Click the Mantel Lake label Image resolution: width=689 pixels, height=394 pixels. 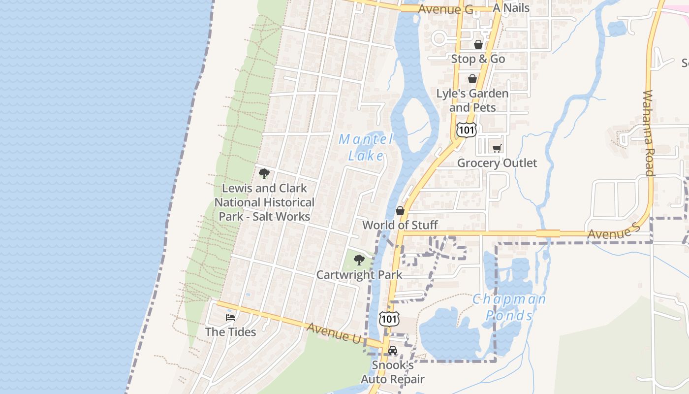pyautogui.click(x=366, y=147)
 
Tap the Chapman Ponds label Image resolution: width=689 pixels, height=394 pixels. pyautogui.click(x=509, y=307)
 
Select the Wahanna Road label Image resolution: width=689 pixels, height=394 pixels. pyautogui.click(x=649, y=133)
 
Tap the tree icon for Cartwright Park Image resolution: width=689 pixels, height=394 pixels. pyautogui.click(x=359, y=260)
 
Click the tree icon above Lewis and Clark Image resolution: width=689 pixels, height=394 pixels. pyautogui.click(x=264, y=173)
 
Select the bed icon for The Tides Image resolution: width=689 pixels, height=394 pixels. pyautogui.click(x=230, y=318)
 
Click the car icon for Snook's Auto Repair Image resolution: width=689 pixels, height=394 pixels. pyautogui.click(x=392, y=351)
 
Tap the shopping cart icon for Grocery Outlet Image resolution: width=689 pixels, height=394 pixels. pyautogui.click(x=497, y=148)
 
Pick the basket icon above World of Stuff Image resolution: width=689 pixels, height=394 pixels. pyautogui.click(x=400, y=211)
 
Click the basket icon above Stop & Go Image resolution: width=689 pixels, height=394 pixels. pyautogui.click(x=478, y=44)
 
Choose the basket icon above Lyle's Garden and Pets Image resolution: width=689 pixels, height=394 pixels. pyautogui.click(x=472, y=79)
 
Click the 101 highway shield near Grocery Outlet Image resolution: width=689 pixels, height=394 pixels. pyautogui.click(x=466, y=130)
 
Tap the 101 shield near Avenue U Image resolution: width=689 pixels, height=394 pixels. pyautogui.click(x=389, y=319)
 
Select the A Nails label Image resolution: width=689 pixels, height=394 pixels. pyautogui.click(x=511, y=8)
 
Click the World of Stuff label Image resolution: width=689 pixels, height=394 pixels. pyautogui.click(x=400, y=225)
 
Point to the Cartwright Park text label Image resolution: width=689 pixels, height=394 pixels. pyautogui.click(x=359, y=275)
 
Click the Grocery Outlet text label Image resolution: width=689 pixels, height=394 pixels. pyautogui.click(x=497, y=163)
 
